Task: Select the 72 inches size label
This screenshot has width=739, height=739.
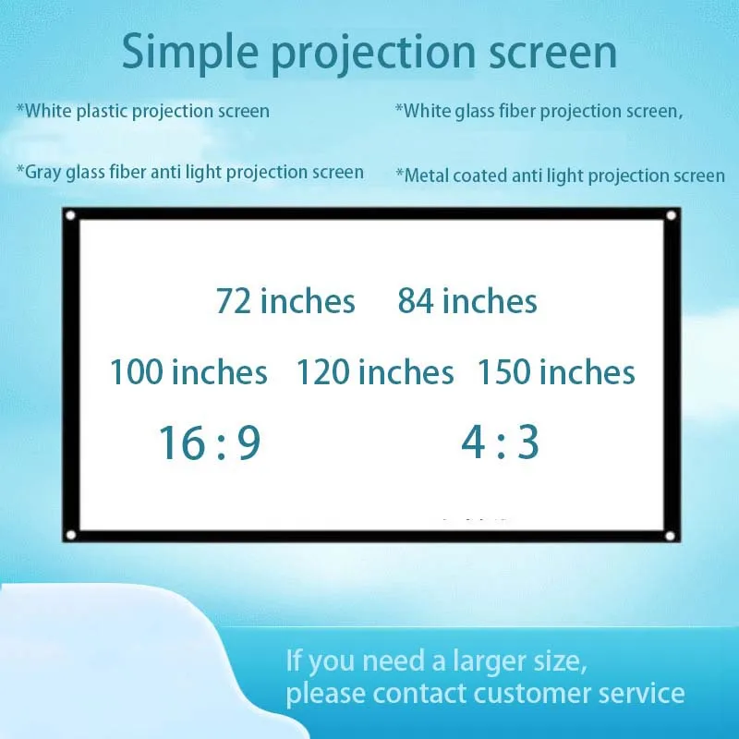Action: click(x=285, y=301)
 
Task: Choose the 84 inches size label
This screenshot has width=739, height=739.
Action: click(x=467, y=301)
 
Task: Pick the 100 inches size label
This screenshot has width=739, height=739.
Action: click(x=188, y=373)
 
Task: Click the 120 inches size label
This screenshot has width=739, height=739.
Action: click(x=375, y=373)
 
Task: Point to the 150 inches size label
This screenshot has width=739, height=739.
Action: click(x=556, y=373)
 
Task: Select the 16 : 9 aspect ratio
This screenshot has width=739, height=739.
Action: click(x=210, y=443)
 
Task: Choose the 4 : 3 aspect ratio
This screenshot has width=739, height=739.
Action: click(x=500, y=443)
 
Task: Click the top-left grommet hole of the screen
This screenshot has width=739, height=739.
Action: click(x=70, y=216)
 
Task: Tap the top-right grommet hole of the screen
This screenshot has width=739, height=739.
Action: click(x=672, y=215)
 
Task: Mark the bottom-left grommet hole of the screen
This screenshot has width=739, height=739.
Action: click(x=70, y=534)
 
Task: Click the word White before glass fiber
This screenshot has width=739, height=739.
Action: click(x=428, y=112)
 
